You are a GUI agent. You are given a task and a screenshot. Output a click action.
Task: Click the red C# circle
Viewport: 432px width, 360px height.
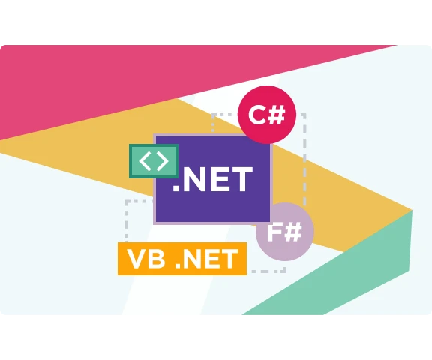point(267,115)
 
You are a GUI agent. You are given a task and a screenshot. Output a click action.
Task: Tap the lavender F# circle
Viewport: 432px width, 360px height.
point(285,232)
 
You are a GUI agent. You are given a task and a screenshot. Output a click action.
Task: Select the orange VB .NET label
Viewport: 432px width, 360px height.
point(182,259)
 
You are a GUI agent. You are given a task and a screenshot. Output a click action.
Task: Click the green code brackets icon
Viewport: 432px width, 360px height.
point(154,161)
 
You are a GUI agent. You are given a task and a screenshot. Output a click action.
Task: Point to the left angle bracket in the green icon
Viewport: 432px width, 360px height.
point(145,160)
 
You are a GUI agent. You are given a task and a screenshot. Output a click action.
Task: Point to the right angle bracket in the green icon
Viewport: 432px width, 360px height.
point(163,160)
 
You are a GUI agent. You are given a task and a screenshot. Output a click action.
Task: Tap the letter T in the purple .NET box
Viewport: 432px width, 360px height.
point(241,179)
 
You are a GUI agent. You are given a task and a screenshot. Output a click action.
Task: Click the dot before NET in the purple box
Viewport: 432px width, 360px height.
point(176,188)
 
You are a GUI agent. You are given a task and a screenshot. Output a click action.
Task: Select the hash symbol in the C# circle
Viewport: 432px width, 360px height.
point(276,115)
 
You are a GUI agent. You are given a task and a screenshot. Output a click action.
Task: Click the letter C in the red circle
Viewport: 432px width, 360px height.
point(257,115)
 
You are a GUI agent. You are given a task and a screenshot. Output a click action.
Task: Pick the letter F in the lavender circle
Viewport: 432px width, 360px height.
point(274,232)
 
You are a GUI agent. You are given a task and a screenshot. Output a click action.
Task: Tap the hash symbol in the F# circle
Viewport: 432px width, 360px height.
point(292,232)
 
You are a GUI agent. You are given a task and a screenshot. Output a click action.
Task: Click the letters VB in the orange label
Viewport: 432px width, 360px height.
point(146,259)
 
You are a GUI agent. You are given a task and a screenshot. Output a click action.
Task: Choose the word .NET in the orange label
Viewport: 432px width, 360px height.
point(206,259)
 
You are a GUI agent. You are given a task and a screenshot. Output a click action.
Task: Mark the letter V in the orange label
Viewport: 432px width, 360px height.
point(136,259)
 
